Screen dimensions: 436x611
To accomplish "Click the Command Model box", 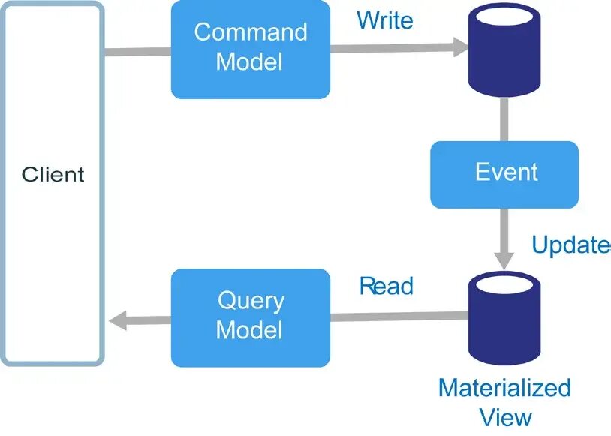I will pos(250,49).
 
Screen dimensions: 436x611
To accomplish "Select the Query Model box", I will pos(250,317).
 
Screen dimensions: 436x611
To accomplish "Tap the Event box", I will pos(504,174).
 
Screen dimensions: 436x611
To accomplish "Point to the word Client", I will pos(53,176).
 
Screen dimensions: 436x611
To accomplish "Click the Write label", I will pos(384,20).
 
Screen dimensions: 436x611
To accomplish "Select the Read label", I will pos(386,286).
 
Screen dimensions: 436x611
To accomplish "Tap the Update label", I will pos(570,245).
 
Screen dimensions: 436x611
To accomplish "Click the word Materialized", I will pos(504,388).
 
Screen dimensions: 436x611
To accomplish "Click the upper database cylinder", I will pos(504,47).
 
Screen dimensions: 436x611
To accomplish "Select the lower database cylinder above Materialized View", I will pos(504,316).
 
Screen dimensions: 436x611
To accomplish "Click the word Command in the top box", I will pos(250,32).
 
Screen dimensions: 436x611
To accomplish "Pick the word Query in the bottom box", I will pos(251,301).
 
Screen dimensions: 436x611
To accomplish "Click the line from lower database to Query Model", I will pos(398,317).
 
